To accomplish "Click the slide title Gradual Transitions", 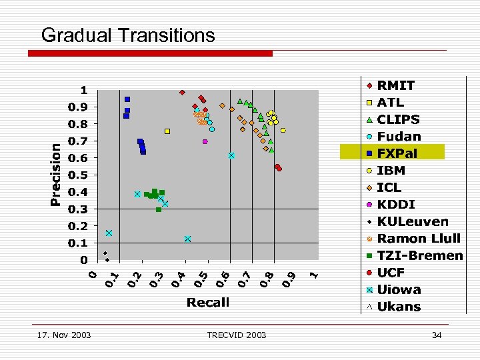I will [128, 35].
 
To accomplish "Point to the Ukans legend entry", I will [399, 307].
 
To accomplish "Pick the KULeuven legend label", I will [413, 221].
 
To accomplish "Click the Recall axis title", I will [208, 302].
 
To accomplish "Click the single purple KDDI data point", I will [205, 141].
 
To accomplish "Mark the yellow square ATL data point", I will [167, 131].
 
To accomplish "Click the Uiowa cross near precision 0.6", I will [231, 155].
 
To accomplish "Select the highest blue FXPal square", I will [127, 99].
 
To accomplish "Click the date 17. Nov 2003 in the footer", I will [64, 335].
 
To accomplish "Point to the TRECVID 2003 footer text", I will [236, 335].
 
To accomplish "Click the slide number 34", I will [437, 335].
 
